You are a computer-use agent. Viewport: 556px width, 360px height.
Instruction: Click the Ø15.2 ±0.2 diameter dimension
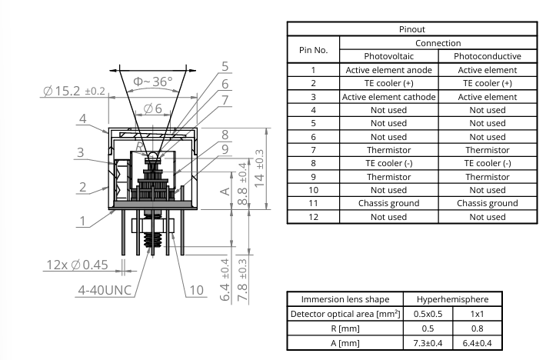73,92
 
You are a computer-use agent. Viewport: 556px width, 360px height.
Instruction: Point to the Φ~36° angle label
154,81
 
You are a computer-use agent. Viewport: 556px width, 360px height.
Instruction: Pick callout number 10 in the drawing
195,290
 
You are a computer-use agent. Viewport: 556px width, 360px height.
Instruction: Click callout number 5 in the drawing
225,67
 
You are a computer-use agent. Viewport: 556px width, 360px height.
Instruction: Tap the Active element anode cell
388,69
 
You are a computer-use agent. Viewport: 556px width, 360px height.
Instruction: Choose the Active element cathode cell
388,97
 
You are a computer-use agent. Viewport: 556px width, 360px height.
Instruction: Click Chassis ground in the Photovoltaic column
388,203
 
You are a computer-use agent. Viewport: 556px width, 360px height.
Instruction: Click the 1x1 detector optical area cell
478,315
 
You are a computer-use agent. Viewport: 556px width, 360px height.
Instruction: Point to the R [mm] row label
344,328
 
